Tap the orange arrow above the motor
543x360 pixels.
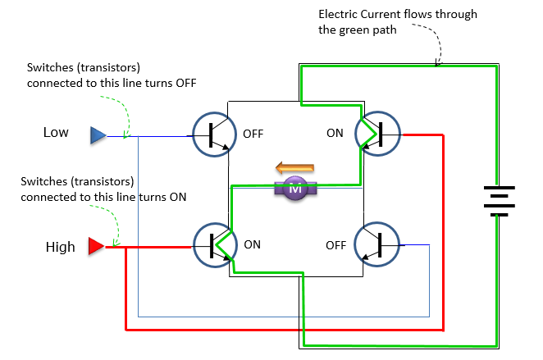pyautogui.click(x=294, y=169)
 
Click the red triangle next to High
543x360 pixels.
pyautogui.click(x=96, y=245)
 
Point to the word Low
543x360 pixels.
pyautogui.click(x=56, y=132)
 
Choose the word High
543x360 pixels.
pyautogui.click(x=60, y=246)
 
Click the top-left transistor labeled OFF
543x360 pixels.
pyautogui.click(x=214, y=134)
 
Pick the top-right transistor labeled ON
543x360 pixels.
pyautogui.click(x=377, y=134)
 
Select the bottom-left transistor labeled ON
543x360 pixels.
pyautogui.click(x=215, y=244)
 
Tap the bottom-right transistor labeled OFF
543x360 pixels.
pyautogui.click(x=377, y=244)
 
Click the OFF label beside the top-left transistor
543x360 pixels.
pyautogui.click(x=253, y=134)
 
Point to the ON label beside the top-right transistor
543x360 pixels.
pyautogui.click(x=335, y=133)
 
